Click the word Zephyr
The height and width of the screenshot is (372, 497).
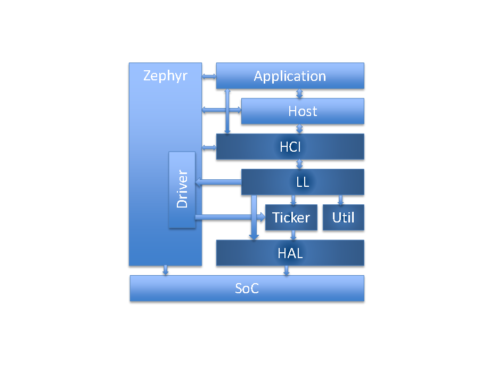click(x=165, y=76)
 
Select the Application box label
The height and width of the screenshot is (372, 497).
click(x=290, y=76)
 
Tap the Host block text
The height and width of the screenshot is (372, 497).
click(x=303, y=111)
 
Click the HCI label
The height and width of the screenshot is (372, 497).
click(x=291, y=146)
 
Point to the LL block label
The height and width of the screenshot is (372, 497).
click(x=303, y=182)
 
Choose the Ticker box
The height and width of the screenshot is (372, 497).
click(x=291, y=218)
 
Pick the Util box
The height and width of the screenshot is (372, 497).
click(x=343, y=218)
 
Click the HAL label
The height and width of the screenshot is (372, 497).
click(x=290, y=253)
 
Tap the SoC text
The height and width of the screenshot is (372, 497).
click(x=247, y=288)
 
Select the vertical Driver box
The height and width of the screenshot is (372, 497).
click(x=182, y=189)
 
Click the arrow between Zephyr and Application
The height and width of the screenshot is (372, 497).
click(x=209, y=78)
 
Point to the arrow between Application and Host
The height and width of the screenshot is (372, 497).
click(x=300, y=94)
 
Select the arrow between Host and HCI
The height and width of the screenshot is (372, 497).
click(x=300, y=129)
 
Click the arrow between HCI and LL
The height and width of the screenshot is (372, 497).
click(x=300, y=164)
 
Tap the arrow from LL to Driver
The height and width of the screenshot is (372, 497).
click(x=218, y=183)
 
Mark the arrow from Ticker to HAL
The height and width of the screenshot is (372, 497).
click(x=292, y=235)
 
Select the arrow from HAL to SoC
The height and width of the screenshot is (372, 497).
click(x=287, y=270)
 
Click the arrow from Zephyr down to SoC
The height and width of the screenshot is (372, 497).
click(x=166, y=270)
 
